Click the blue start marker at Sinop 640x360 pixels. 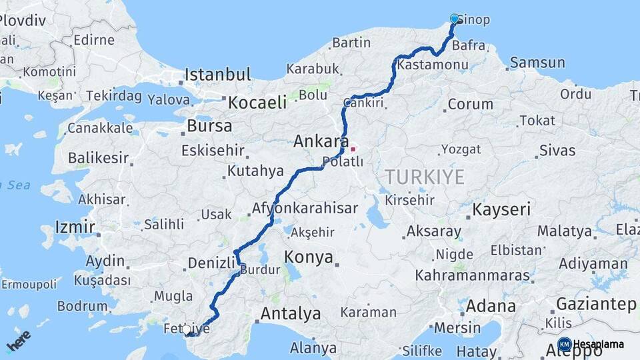[x=455, y=19]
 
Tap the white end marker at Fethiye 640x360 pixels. [x=186, y=329]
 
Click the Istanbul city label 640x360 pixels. [x=218, y=74]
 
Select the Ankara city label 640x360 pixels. [x=321, y=141]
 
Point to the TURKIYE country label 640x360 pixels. [x=424, y=177]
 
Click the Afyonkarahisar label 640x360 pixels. [x=305, y=208]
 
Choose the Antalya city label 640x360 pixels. [x=291, y=313]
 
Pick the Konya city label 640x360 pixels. [x=309, y=257]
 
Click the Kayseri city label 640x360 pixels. [x=501, y=209]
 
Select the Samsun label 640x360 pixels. [x=537, y=63]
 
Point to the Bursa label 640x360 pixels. [x=210, y=125]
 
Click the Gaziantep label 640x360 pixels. [x=595, y=304]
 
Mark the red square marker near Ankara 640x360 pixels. [x=353, y=149]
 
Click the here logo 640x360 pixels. [x=19, y=341]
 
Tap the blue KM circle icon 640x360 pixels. [x=565, y=344]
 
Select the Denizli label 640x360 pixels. [x=211, y=263]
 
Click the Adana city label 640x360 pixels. [x=491, y=307]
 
